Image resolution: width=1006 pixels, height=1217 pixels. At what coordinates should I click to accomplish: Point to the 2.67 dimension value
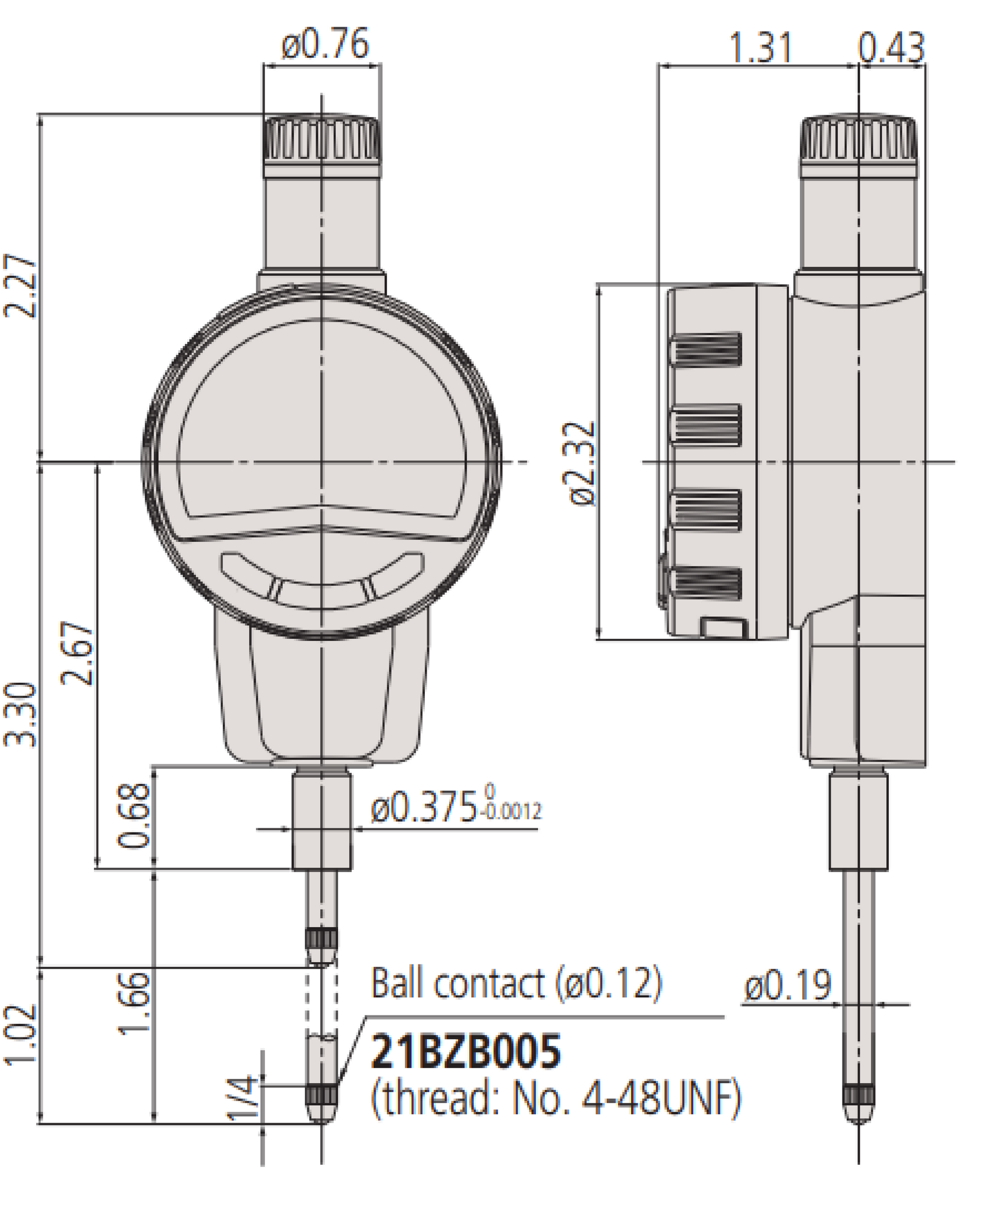click(77, 654)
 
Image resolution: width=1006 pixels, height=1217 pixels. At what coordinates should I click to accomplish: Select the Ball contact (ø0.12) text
click(516, 983)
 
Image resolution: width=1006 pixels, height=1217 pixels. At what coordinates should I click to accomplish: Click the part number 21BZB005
click(465, 1052)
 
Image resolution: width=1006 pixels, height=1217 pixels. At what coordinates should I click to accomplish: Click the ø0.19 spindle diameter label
click(787, 986)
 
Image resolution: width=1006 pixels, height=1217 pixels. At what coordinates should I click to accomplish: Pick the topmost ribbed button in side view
click(706, 349)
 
